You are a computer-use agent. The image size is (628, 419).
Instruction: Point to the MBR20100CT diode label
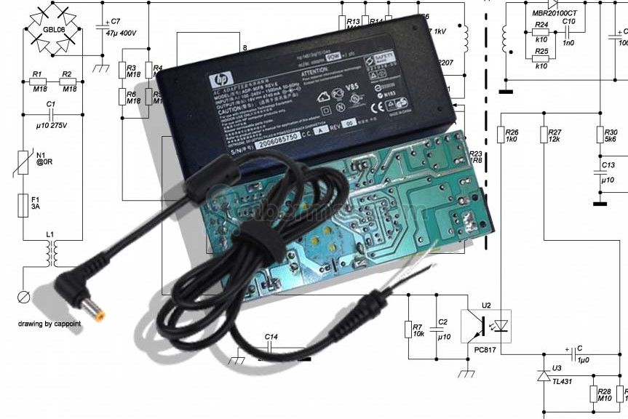554,14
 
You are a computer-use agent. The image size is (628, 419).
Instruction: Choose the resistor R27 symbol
544,135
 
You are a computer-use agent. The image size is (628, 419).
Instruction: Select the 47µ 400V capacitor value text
122,33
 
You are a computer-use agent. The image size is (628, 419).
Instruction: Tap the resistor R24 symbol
541,33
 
